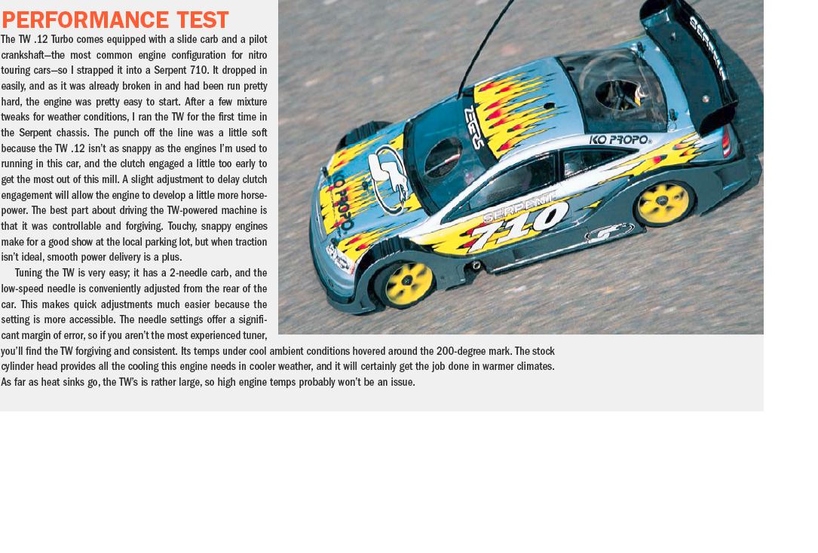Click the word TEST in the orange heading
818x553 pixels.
tap(201, 20)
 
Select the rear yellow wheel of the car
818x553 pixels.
tap(664, 201)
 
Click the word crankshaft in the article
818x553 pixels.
tap(28, 55)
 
